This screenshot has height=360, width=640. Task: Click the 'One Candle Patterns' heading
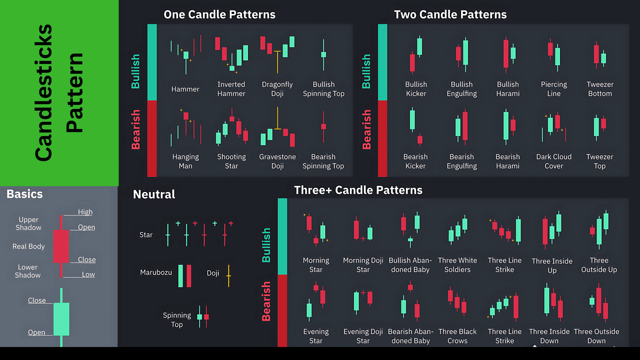coord(219,15)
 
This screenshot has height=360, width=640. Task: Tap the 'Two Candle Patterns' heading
coord(450,15)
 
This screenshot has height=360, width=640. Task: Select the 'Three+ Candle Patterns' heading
coord(358,190)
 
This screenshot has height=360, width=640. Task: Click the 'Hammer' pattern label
coord(185,89)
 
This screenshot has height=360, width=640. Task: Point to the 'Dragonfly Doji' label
coord(277,89)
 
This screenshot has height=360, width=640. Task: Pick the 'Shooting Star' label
coord(231,161)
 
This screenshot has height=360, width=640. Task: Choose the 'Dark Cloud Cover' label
coord(554,161)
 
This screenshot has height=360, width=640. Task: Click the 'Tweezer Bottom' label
coord(600,89)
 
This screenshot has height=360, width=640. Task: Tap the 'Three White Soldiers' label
coord(457,265)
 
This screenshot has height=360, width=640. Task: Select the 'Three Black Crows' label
coord(457,336)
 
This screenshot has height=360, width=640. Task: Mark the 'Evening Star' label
coord(316,336)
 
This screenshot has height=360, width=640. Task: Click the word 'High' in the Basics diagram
coord(85,212)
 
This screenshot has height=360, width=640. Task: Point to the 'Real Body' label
coord(28,246)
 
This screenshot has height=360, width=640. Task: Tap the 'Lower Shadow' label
coord(28,271)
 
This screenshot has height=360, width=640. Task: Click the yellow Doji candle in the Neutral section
coord(229,276)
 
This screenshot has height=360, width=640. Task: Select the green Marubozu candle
coord(181,276)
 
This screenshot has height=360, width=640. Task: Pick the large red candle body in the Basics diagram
coord(61,246)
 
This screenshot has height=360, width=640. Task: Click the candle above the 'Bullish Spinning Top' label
coord(323,55)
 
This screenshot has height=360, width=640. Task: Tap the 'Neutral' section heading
coord(154,194)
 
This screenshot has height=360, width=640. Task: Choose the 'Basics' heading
coord(25,194)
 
